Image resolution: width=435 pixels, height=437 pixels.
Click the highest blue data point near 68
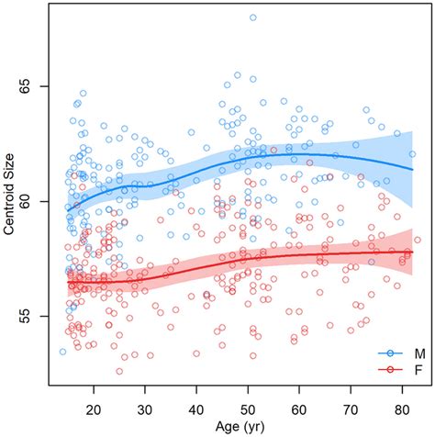[x=252, y=17]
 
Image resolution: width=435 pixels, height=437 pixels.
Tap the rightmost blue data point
[x=412, y=154]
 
